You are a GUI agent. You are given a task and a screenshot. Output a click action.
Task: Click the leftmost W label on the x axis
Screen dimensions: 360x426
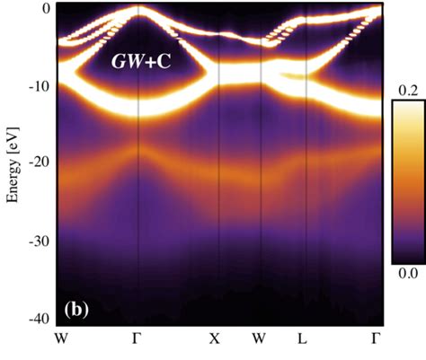click(60, 338)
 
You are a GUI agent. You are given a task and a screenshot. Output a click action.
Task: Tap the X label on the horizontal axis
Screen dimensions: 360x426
click(214, 338)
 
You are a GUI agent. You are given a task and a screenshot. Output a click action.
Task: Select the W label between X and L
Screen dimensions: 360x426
click(260, 338)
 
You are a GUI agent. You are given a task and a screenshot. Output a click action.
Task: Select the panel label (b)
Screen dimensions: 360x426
click(77, 311)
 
